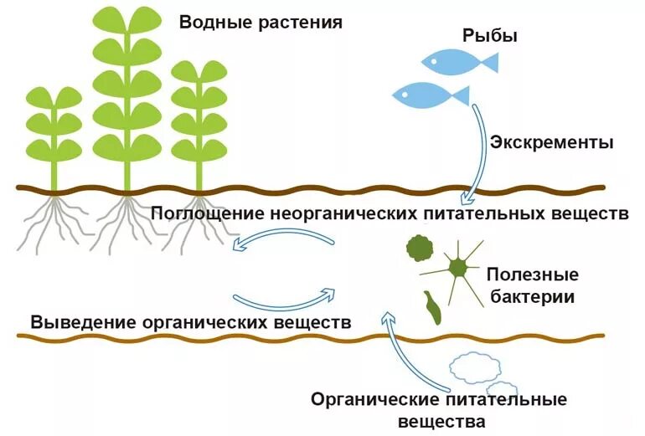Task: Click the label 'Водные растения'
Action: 261,22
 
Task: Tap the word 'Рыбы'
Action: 490,36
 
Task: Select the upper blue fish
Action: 457,60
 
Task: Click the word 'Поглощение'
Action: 208,213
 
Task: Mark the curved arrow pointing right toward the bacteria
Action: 285,299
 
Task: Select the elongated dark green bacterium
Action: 433,307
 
